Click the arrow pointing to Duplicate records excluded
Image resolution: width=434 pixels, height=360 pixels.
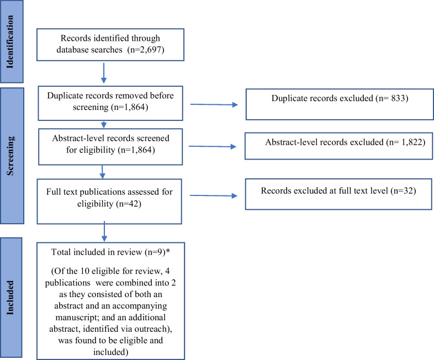point(213,104)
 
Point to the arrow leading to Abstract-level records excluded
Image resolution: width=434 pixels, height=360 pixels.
point(213,146)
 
